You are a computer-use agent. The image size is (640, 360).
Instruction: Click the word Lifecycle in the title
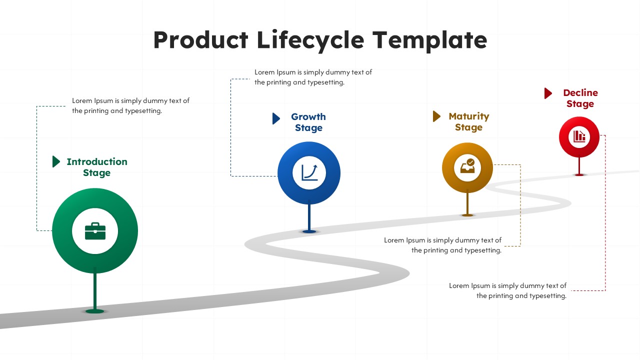point(310,40)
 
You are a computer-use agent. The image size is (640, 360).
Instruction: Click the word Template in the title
point(429,40)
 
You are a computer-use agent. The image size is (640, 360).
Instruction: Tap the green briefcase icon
point(95,231)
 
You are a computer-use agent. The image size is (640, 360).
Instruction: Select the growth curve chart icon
point(309,172)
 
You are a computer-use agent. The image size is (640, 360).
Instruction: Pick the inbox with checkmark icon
point(467,166)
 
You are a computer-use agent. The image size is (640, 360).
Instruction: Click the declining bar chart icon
point(579,136)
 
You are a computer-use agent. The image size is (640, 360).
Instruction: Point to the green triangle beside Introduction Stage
point(56,161)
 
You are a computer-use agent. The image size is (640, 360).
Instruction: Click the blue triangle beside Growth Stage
point(276,118)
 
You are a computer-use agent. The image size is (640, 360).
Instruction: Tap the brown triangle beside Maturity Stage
point(436,116)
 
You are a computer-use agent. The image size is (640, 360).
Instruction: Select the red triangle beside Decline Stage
point(548,93)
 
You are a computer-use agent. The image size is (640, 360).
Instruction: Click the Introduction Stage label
point(97,167)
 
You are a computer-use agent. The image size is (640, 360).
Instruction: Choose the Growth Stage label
point(308,122)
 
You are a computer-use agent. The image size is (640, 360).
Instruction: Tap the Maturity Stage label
point(469,121)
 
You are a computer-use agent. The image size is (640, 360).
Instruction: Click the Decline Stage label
point(580,98)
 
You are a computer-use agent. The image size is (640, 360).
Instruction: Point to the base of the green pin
point(95,311)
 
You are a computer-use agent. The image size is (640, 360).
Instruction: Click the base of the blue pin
point(309,231)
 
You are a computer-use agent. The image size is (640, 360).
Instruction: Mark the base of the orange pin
point(467,215)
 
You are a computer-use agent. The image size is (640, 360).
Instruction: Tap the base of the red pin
point(579,174)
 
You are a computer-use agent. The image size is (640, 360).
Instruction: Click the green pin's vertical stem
point(95,289)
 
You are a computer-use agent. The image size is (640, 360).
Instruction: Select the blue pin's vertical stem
point(309,215)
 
